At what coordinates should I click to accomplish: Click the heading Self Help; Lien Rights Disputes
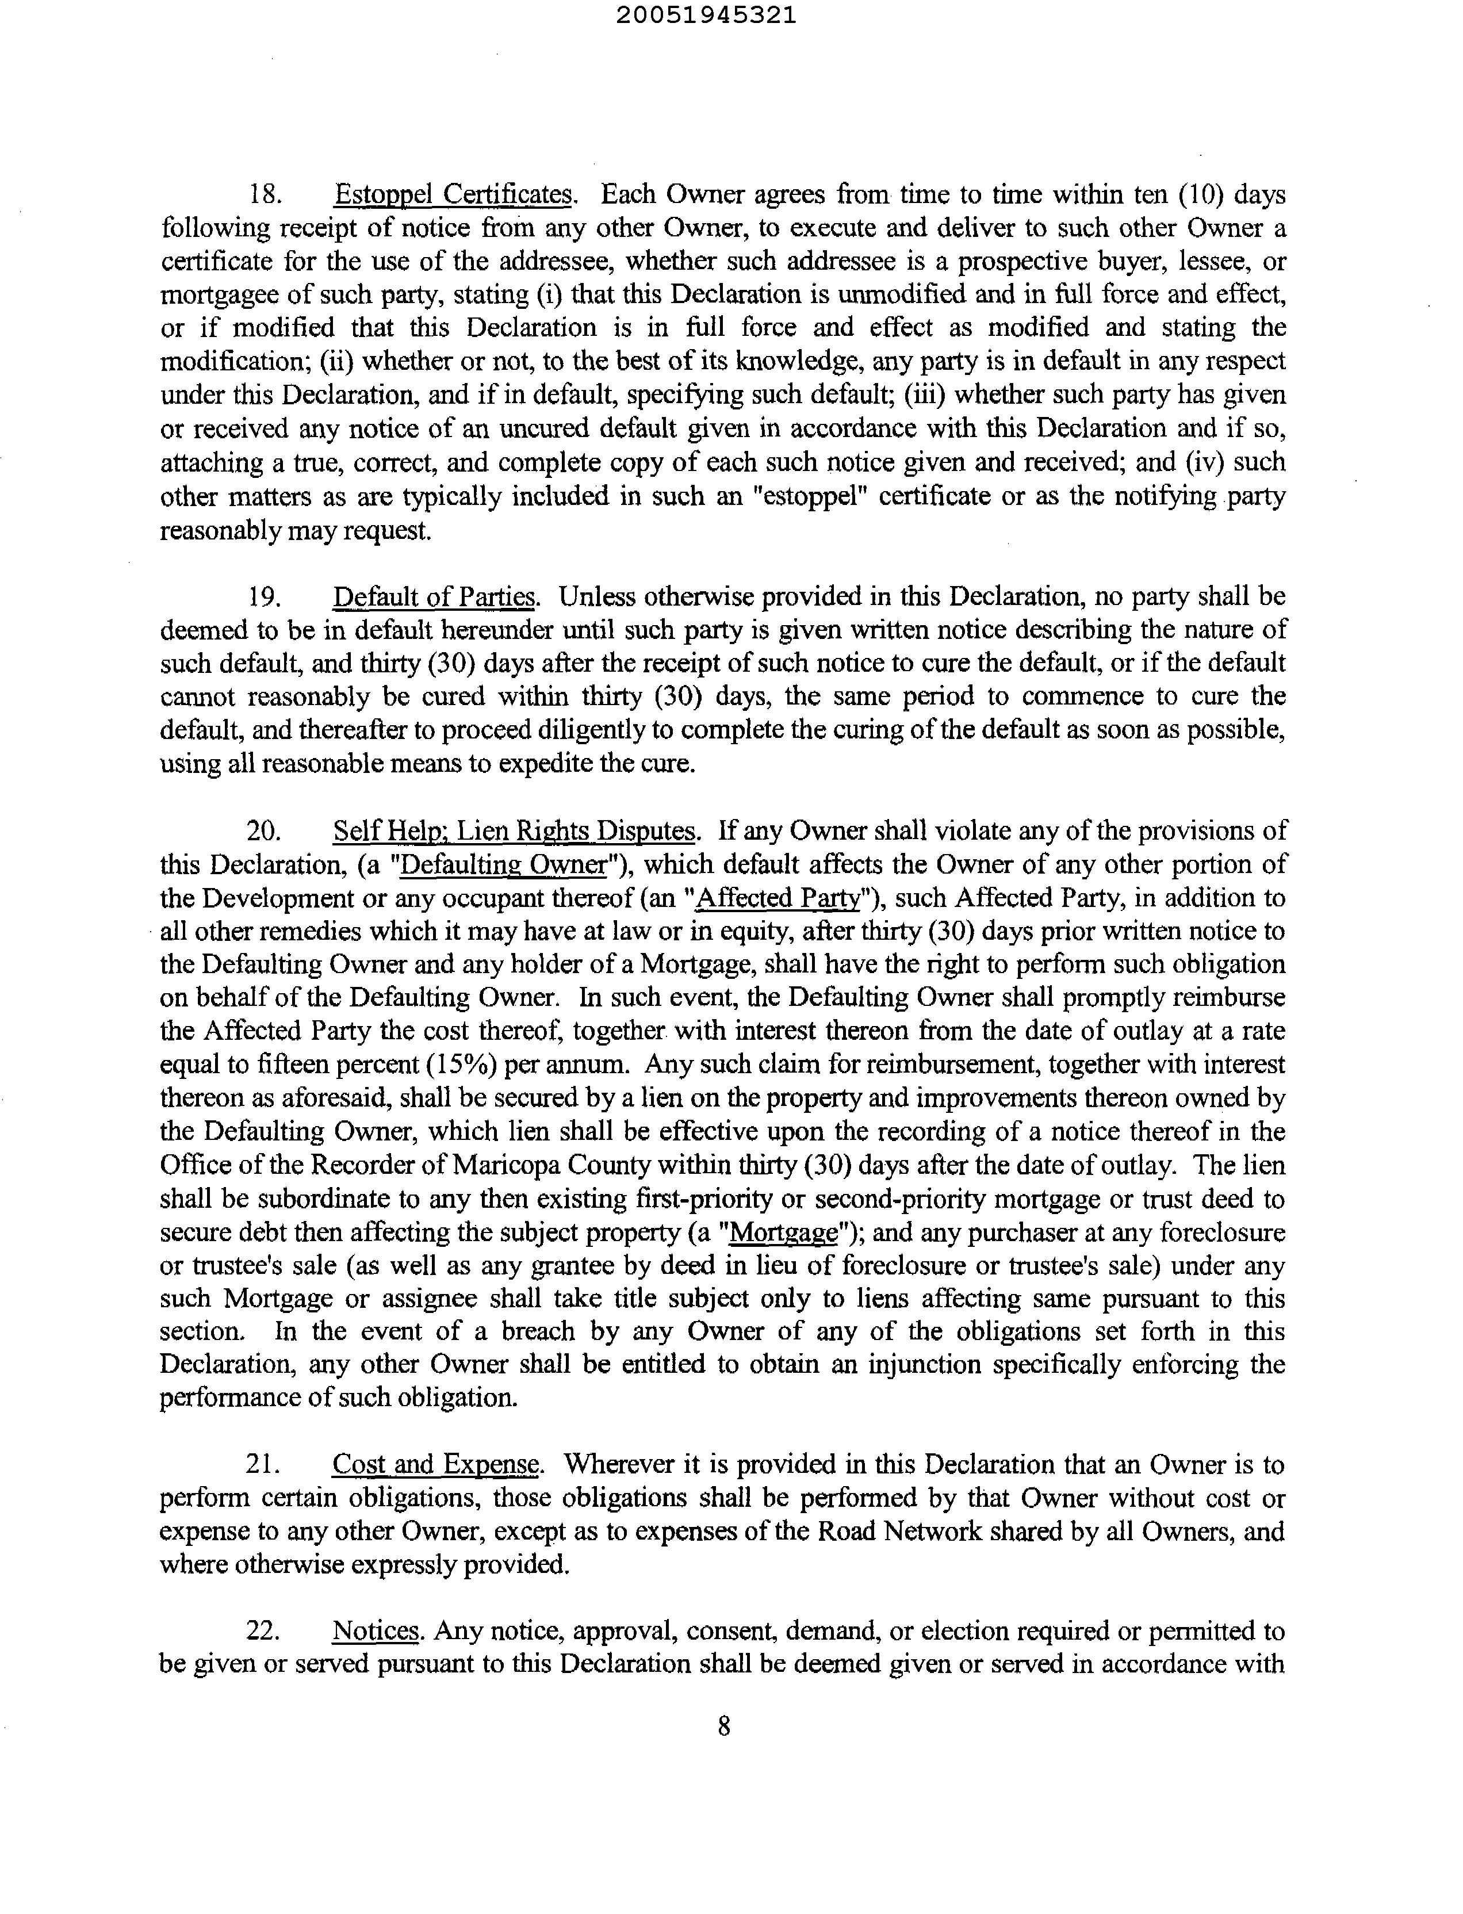pos(515,830)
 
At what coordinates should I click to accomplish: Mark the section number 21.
pos(263,1465)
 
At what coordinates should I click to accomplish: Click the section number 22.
pos(263,1632)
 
